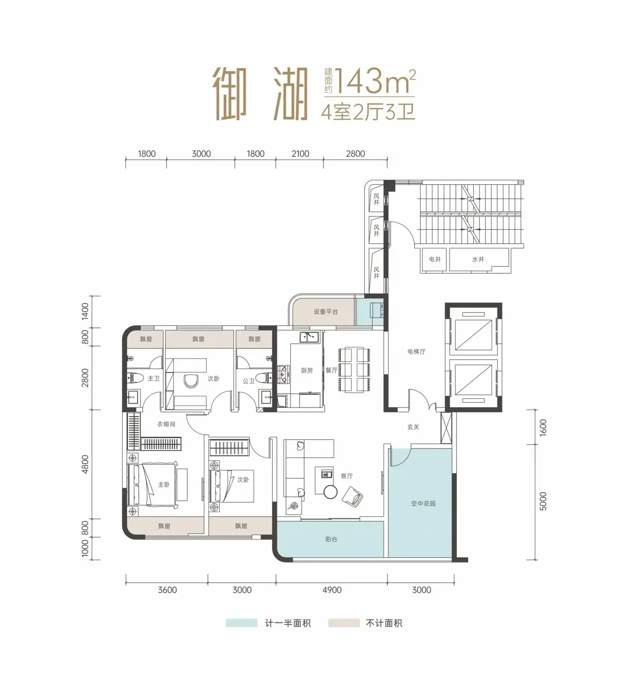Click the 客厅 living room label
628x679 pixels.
point(347,476)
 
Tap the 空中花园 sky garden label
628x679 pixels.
point(423,503)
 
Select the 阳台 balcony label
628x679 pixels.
point(331,539)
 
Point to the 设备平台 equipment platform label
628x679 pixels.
point(326,311)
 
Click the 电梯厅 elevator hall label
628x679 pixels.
point(417,352)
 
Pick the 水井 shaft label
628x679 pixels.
point(478,259)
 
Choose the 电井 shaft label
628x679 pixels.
point(435,259)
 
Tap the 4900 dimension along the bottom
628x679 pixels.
point(332,590)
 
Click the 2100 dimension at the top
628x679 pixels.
point(300,154)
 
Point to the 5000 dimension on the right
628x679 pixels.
point(543,501)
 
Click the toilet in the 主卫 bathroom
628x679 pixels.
point(137,378)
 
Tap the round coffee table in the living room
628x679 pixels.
point(331,492)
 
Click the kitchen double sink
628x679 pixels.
point(309,337)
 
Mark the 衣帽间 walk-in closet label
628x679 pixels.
point(166,424)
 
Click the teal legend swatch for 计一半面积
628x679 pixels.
point(242,623)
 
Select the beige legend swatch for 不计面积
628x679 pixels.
point(344,623)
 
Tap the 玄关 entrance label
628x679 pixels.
point(413,427)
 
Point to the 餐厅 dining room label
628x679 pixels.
point(331,370)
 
